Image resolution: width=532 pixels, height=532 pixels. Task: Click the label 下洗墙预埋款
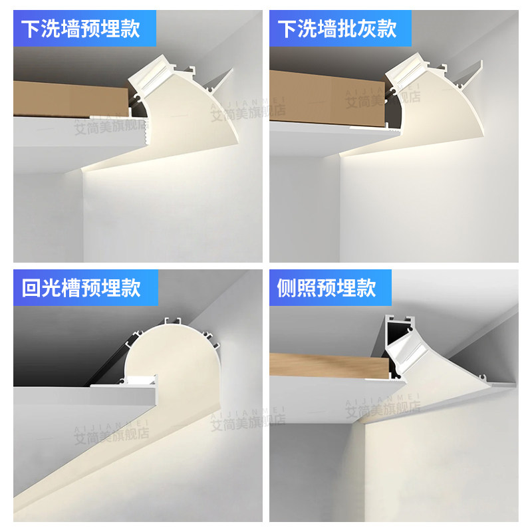(81, 29)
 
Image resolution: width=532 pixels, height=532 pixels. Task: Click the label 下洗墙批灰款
(337, 29)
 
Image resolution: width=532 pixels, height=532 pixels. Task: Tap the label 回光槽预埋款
(81, 288)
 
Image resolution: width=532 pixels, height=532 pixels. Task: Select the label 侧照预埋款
(327, 288)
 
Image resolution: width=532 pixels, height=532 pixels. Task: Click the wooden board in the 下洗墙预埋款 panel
(70, 98)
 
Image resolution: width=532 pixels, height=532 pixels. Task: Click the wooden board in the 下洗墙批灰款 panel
(326, 98)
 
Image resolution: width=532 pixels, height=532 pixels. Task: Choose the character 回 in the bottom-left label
(31, 288)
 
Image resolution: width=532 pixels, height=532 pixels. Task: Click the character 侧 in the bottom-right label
(287, 288)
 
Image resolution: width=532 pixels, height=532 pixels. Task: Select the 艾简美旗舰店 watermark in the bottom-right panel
(382, 410)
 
